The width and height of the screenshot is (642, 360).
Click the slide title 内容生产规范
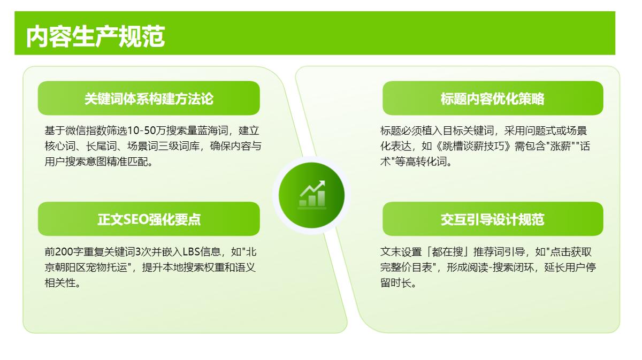pyautogui.click(x=95, y=36)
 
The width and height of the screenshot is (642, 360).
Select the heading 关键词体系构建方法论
pyautogui.click(x=149, y=98)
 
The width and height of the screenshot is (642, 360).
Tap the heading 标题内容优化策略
pyautogui.click(x=492, y=98)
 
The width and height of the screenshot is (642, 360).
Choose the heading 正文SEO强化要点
pyautogui.click(x=149, y=219)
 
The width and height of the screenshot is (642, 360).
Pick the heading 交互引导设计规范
pyautogui.click(x=492, y=219)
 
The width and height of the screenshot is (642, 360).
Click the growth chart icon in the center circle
pyautogui.click(x=312, y=194)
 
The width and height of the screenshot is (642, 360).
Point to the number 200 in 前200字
pyautogui.click(x=64, y=252)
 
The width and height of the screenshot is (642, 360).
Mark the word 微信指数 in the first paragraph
pyautogui.click(x=86, y=131)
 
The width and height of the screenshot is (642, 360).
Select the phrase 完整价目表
pyautogui.click(x=406, y=267)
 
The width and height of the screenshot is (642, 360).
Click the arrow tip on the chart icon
pyautogui.click(x=324, y=181)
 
